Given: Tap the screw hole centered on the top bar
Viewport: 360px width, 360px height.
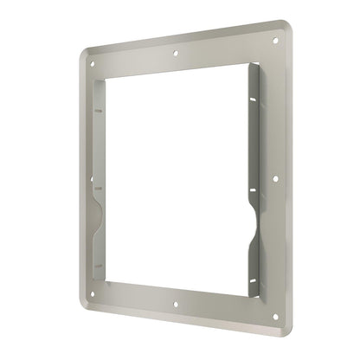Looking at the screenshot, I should click(x=177, y=53).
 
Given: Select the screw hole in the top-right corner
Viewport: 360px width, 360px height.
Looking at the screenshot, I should click(x=275, y=39).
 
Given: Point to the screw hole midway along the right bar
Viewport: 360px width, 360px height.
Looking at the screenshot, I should click(x=275, y=179).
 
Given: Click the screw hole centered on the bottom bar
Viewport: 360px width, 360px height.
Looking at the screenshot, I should click(x=177, y=305).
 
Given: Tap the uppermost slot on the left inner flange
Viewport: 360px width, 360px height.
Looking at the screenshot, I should click(x=98, y=111).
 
